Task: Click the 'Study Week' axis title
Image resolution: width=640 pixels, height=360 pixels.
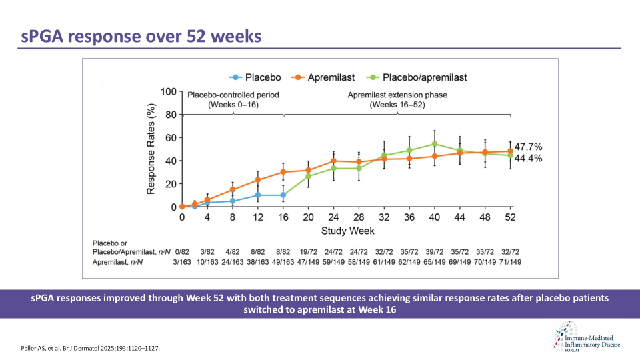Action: [347, 230]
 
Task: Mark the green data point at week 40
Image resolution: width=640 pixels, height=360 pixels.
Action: [435, 144]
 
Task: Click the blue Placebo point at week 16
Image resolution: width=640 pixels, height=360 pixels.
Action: [284, 195]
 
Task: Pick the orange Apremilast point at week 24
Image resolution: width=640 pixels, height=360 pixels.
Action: [333, 161]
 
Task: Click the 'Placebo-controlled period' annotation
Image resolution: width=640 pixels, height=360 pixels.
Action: [233, 100]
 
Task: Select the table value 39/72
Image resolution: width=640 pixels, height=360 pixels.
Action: [435, 253]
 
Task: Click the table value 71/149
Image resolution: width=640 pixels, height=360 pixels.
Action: [510, 263]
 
